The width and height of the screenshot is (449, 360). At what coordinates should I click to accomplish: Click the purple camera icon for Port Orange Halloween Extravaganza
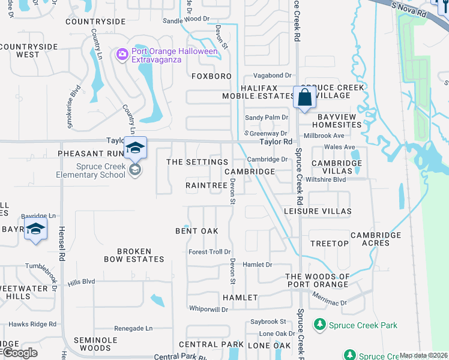coord(123,55)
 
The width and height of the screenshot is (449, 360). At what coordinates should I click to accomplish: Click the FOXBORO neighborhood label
coord(211,77)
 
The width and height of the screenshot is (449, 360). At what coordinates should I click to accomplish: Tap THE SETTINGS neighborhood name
coord(197,162)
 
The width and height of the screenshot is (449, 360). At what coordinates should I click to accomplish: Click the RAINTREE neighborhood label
coord(206,186)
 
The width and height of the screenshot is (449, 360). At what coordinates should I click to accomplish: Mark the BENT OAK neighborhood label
coord(196,231)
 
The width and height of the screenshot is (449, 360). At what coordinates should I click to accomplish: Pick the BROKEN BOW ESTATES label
coord(133,255)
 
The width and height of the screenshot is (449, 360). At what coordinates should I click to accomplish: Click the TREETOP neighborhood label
coord(330,244)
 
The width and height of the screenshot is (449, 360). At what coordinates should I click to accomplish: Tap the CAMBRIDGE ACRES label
coord(376,239)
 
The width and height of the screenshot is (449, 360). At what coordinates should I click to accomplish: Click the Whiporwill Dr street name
coord(208,309)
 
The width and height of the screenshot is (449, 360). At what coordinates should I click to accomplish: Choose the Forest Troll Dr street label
coord(209,252)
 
